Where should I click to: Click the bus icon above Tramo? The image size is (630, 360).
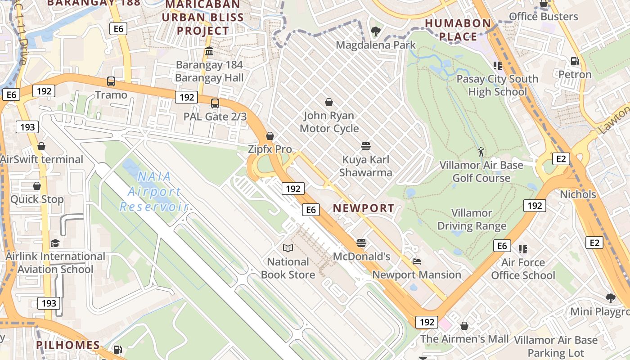(111, 81)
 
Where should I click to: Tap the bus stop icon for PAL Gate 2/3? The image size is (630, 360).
(215, 103)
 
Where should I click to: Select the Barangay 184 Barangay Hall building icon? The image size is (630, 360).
(209, 51)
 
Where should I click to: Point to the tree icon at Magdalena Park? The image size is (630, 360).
(375, 31)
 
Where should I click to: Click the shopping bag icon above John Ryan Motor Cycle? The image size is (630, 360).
(329, 102)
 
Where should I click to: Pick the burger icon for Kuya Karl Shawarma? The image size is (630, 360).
(365, 146)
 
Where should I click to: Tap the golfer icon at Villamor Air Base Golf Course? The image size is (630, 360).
(481, 152)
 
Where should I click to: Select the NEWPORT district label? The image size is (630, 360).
(364, 208)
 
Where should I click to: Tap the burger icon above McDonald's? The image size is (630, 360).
(361, 243)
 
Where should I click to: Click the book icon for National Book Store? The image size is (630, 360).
(288, 248)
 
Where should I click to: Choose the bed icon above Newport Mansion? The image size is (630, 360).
(417, 261)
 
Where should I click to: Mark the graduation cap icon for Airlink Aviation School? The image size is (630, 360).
(55, 243)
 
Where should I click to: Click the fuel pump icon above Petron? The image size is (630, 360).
(575, 61)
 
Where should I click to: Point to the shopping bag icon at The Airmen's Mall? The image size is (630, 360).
(464, 325)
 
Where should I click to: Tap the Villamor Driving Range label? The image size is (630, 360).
(472, 219)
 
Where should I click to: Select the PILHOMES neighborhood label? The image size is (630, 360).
(68, 345)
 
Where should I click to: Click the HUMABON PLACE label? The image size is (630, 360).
(458, 30)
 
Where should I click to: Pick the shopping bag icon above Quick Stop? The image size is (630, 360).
(37, 186)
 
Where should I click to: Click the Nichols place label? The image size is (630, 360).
(578, 194)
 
